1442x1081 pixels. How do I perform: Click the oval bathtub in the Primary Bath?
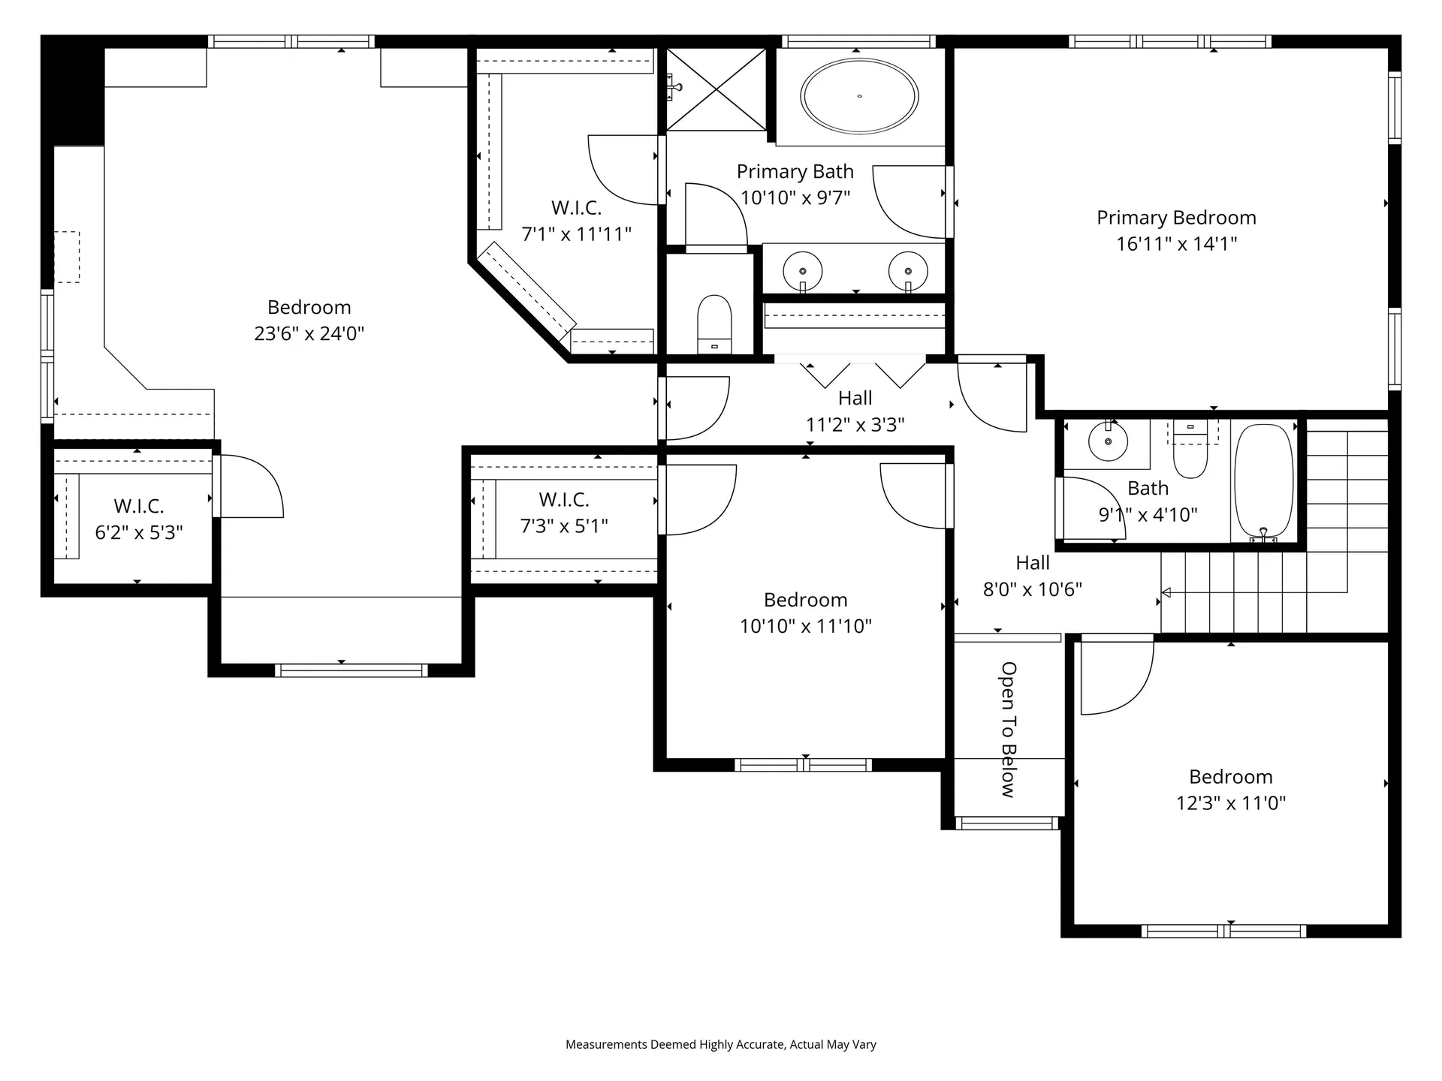pyautogui.click(x=858, y=97)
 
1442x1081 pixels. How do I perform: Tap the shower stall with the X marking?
pyautogui.click(x=716, y=89)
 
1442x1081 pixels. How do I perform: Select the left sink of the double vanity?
pyautogui.click(x=802, y=270)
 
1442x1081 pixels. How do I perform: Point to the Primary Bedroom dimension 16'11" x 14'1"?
pyautogui.click(x=1176, y=244)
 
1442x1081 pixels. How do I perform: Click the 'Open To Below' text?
pyautogui.click(x=1009, y=729)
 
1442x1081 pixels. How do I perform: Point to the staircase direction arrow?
pyautogui.click(x=1166, y=592)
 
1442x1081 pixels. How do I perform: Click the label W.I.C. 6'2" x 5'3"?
pyautogui.click(x=139, y=519)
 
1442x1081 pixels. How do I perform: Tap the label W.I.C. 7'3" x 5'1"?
pyautogui.click(x=564, y=513)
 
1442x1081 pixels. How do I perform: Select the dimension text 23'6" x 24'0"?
pyautogui.click(x=309, y=333)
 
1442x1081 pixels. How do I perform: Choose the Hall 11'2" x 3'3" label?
pyautogui.click(x=855, y=411)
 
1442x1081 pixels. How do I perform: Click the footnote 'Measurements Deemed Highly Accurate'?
pyautogui.click(x=720, y=1044)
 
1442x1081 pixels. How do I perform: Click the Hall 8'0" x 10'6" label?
pyautogui.click(x=1033, y=576)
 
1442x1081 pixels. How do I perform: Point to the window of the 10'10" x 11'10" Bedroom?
pyautogui.click(x=803, y=765)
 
